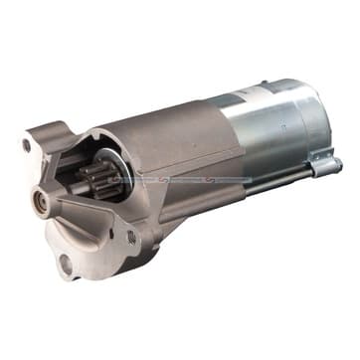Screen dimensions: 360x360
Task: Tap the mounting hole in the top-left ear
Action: click(x=28, y=145)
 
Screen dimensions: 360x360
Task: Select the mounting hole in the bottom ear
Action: click(x=66, y=263)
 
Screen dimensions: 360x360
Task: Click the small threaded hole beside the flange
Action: click(x=130, y=237)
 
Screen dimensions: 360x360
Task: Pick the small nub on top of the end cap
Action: click(x=265, y=84)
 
